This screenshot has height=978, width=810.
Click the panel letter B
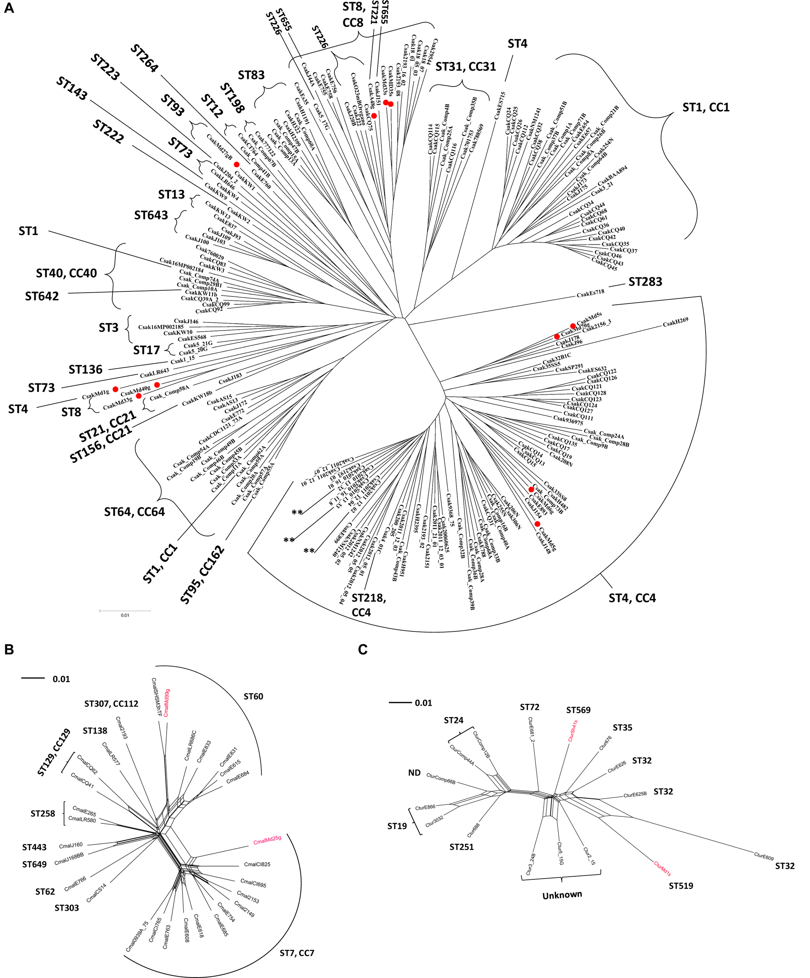point(9,650)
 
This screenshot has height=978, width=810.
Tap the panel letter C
point(363,649)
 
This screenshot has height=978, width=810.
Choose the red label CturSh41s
point(573,731)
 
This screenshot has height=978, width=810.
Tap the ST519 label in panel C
point(681,886)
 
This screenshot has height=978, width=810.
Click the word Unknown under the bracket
point(562,895)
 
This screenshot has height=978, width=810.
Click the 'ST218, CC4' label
point(369,605)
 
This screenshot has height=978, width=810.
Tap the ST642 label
point(42,296)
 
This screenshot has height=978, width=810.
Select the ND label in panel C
point(414,773)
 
